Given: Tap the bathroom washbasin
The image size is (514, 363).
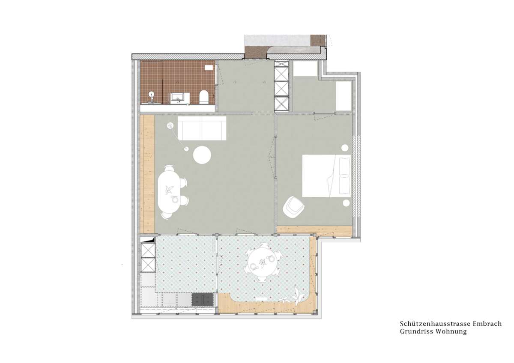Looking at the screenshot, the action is [180, 98].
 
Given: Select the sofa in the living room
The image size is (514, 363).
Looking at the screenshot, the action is [202, 128].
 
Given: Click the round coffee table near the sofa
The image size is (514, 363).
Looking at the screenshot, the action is [202, 155].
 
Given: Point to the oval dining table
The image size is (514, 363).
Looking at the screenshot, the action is [169, 192].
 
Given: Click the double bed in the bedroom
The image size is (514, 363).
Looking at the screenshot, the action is [326, 176].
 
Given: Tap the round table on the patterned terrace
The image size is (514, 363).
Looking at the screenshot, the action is [263, 264].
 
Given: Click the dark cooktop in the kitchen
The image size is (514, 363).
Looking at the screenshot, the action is [203, 300].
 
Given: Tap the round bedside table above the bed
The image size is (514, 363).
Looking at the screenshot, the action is [345, 148].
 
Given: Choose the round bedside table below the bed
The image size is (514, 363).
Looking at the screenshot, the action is [346, 203].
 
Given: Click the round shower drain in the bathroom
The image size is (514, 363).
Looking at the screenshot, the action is [151, 94].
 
